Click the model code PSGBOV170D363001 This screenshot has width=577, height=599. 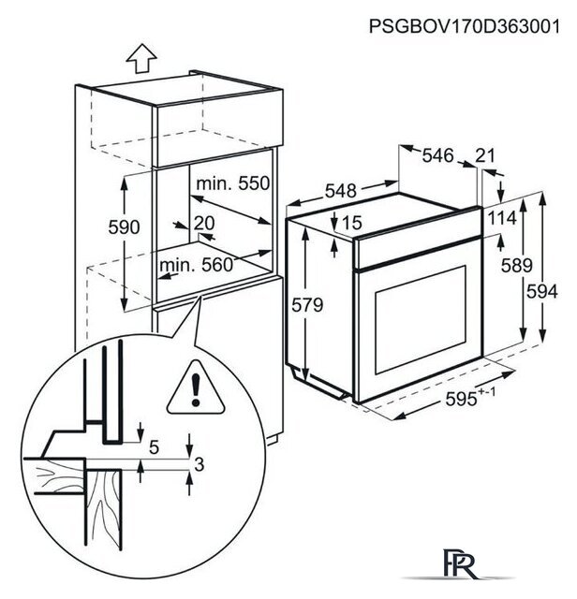pos(465,27)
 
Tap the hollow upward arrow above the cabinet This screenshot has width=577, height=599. pos(141,58)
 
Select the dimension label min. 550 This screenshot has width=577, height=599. pos(233,183)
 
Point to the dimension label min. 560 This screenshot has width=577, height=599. pos(196,265)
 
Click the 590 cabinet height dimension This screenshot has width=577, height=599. pos(124,227)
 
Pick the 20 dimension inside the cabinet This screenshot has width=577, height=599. pos(204,223)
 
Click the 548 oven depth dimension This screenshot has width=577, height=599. pos(341,191)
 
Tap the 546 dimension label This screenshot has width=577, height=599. pos(437,155)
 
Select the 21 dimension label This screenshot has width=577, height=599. pos(485,155)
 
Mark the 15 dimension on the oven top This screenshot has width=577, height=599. pos(352,223)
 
